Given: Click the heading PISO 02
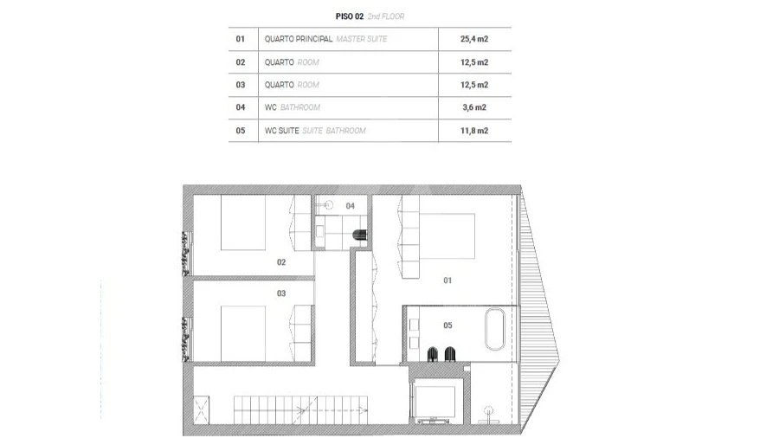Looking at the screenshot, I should point(349,16).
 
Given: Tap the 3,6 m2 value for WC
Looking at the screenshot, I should point(474,107).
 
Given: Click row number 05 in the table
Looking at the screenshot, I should point(241,131).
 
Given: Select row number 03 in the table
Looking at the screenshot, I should point(241,85).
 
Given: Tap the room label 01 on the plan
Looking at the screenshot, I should point(447,280).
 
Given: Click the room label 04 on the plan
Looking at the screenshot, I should point(350,205).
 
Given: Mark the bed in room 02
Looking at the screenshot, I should point(243,224).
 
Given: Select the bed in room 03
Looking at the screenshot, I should point(243,333).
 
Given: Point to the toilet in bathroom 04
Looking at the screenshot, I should point(357,234).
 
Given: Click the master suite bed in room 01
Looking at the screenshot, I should point(449,235).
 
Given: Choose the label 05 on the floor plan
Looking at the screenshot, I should point(447,325).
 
